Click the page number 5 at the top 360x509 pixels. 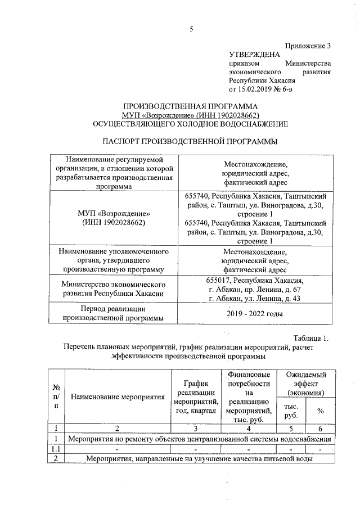[x=191, y=31]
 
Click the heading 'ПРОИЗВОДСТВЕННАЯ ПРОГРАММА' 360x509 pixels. [x=191, y=106]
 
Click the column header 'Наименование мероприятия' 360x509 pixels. [x=118, y=397]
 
